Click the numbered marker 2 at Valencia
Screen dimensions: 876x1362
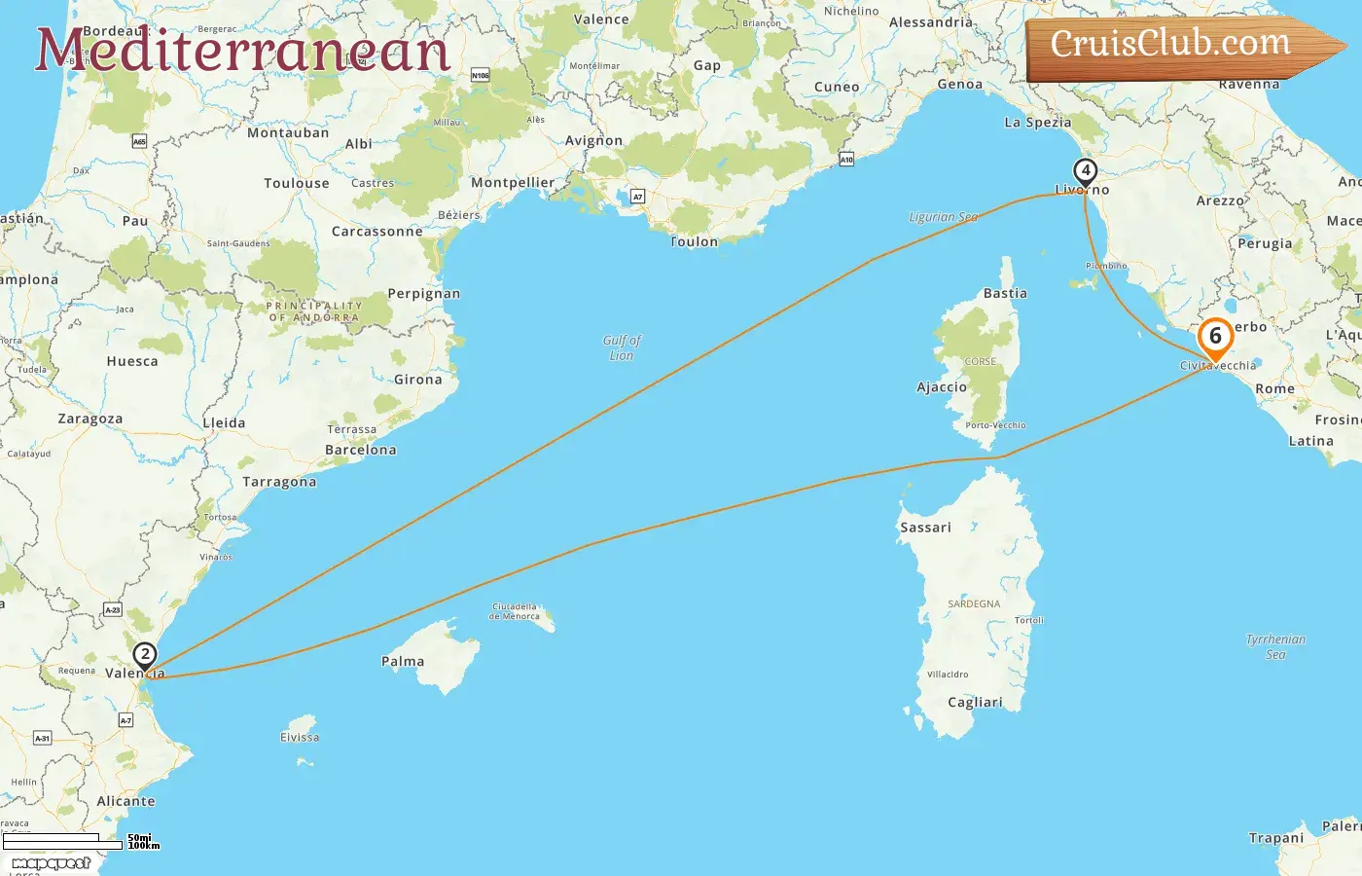coord(144,655)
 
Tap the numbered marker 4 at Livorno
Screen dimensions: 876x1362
coord(1085,171)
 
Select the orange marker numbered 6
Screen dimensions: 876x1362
coord(1215,337)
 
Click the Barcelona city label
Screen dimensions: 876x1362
coord(361,450)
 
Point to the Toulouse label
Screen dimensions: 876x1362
coord(297,183)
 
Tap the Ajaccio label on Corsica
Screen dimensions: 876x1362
coord(942,387)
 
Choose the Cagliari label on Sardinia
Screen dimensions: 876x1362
coord(975,702)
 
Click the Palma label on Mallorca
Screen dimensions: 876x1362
coord(403,661)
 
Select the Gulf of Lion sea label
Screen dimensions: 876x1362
coord(622,347)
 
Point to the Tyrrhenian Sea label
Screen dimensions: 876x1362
coord(1275,646)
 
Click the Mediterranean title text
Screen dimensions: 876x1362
coord(242,51)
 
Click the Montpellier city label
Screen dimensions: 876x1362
coord(513,182)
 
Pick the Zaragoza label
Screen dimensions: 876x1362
coord(90,419)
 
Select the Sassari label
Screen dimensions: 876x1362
coord(925,527)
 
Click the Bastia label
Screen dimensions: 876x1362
coord(1005,293)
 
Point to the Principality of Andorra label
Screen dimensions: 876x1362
coord(314,311)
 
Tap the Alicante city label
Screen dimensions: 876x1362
coord(125,801)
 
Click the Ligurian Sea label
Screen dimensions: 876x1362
coord(943,217)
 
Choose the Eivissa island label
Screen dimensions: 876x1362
coord(300,737)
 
